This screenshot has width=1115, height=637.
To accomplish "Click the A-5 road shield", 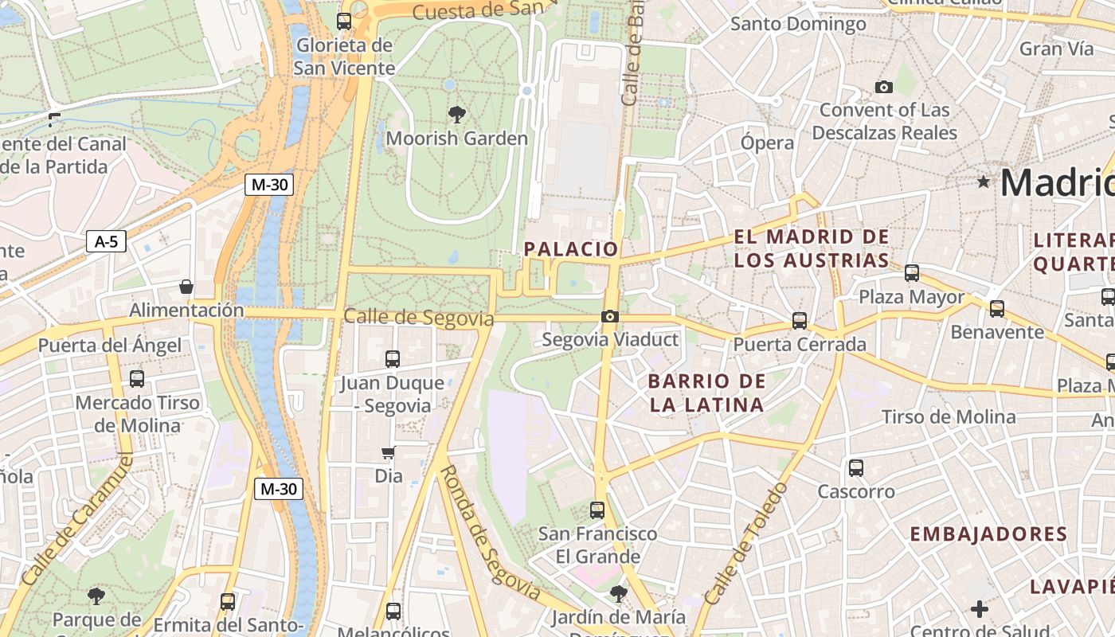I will click(106, 241).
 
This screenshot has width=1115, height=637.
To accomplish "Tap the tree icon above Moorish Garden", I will click(457, 115).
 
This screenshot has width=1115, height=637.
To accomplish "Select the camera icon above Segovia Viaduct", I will click(609, 317).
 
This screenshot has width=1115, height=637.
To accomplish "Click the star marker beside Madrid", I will click(984, 182).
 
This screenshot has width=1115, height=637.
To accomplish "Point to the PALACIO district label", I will click(570, 249).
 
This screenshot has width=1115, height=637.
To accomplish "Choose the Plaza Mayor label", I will click(911, 297).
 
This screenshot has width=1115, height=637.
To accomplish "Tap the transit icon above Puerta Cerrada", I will click(800, 321).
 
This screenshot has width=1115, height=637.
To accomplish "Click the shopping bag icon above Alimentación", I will click(186, 287).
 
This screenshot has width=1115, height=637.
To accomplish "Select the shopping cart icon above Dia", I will click(388, 453).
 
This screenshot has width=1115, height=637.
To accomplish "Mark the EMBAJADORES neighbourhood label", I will click(988, 534).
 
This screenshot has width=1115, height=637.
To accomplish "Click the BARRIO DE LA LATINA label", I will click(706, 393).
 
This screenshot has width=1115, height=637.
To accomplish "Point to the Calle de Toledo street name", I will click(746, 543).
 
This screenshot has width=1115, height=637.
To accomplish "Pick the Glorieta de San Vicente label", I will click(344, 57).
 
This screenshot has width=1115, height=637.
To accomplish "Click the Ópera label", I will click(767, 143).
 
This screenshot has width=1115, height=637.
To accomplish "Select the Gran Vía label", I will click(1057, 49).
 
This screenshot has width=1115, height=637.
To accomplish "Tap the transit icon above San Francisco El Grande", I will click(597, 510).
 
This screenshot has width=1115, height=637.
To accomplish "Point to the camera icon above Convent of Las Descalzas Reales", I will click(883, 87).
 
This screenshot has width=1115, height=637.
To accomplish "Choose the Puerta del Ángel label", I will click(110, 346).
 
